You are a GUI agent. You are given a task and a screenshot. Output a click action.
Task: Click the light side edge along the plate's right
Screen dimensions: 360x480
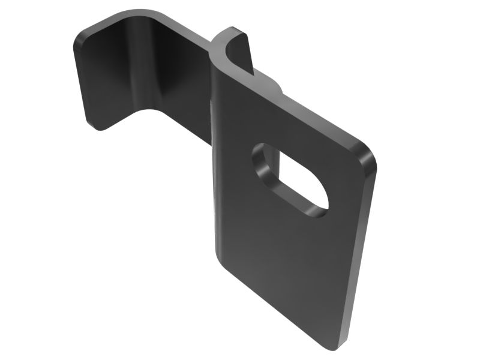pos(360,252)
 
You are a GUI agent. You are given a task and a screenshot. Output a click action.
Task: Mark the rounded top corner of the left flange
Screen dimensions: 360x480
pos(84,33)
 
